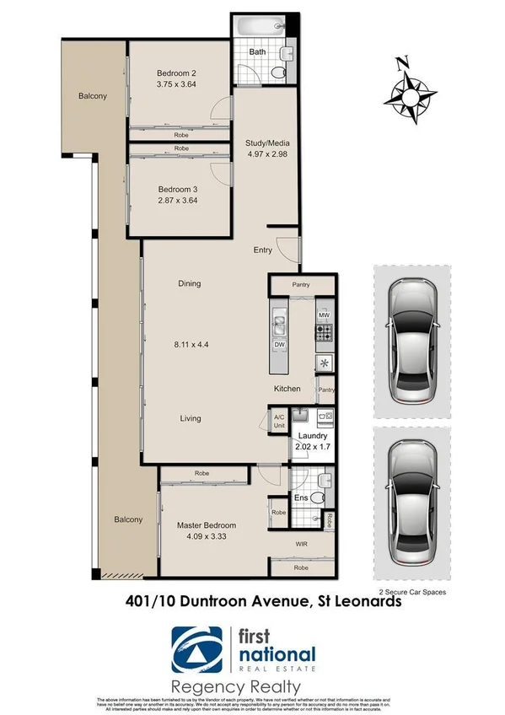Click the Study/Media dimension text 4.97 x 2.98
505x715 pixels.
pos(266,155)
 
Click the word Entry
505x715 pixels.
pos(264,250)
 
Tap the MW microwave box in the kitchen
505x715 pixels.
pos(323,314)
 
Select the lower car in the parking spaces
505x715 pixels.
pos(413,503)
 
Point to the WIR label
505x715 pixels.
pos(300,545)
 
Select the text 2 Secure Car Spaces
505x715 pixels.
pos(412,593)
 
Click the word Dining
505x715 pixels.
pos(190,283)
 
